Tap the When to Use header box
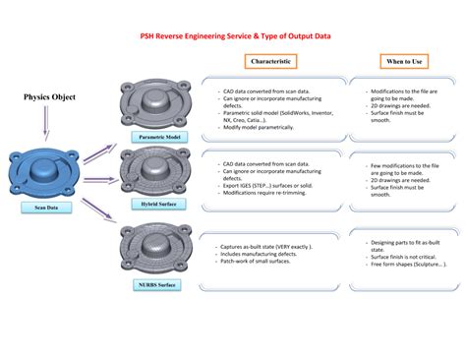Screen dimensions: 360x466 405,61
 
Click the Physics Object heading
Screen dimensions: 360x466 50,97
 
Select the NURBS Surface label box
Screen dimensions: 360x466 158,284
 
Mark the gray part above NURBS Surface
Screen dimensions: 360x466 157,247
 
